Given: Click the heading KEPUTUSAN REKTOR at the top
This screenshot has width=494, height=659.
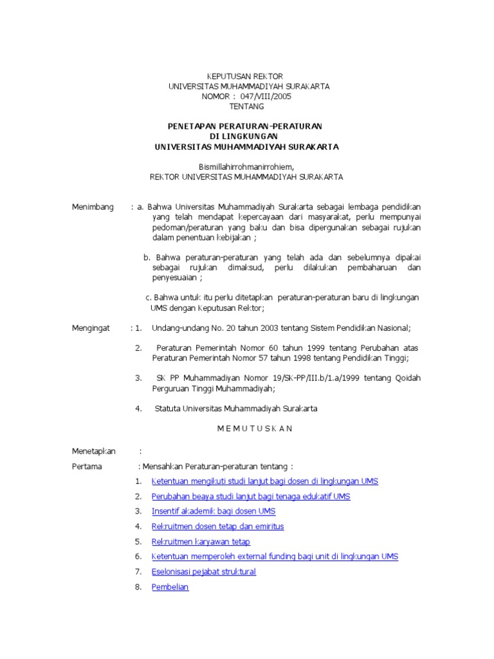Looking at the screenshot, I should click(x=244, y=77).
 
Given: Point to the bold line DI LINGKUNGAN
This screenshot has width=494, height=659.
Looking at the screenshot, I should click(x=244, y=136).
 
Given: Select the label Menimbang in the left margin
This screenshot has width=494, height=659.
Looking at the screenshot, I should click(x=93, y=207).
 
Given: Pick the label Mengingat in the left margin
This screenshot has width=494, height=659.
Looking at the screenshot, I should click(x=91, y=328).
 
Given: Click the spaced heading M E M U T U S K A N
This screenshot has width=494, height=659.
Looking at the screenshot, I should click(x=245, y=429).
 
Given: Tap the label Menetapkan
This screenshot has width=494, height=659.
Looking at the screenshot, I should click(x=94, y=451).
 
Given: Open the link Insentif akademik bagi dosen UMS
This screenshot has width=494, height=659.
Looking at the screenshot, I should click(x=213, y=511).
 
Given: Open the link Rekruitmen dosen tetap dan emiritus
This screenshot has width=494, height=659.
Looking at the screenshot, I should click(x=217, y=526).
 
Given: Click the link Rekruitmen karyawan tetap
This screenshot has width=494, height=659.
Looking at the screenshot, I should click(x=201, y=542).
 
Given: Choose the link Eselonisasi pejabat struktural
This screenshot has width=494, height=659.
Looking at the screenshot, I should click(x=203, y=571).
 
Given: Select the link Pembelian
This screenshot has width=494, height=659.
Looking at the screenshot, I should click(x=170, y=587).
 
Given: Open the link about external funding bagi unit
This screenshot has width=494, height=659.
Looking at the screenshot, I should click(x=275, y=557).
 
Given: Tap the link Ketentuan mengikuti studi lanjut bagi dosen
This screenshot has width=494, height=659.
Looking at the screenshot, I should click(x=264, y=481).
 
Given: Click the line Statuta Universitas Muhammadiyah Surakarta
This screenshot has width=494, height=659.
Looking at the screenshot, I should click(x=235, y=409).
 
